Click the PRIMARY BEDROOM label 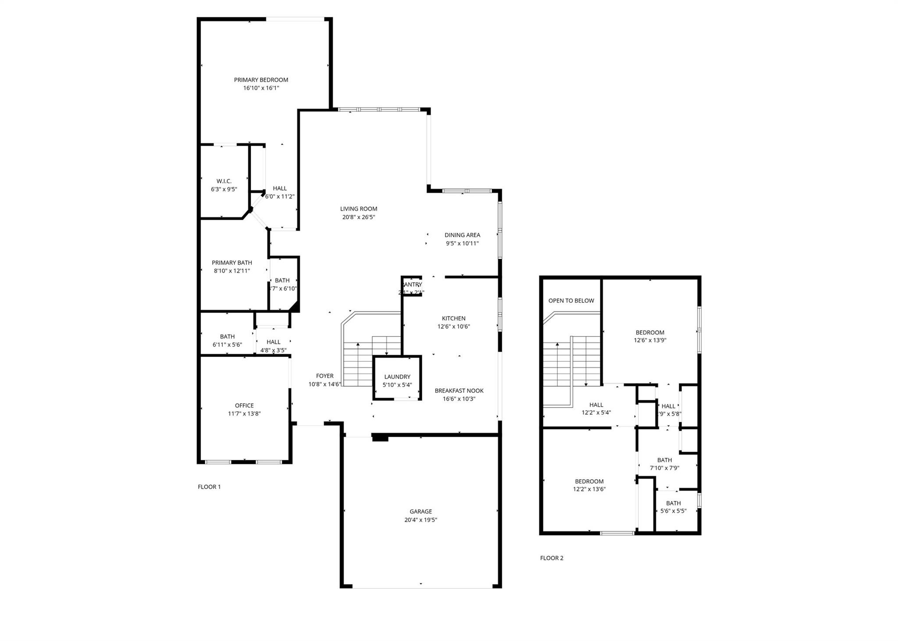[x=261, y=80]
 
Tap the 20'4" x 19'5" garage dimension [x=420, y=520]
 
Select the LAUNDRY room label [x=397, y=377]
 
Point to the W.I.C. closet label [x=224, y=181]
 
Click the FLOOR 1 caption [x=209, y=487]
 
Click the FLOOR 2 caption [x=552, y=558]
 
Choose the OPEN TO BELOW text [x=571, y=300]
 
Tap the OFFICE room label [x=244, y=406]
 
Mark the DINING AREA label [x=462, y=235]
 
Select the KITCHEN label [x=453, y=318]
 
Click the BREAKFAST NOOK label [x=459, y=391]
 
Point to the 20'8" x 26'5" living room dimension [x=359, y=217]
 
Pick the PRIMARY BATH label [x=232, y=263]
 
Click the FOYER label [x=324, y=376]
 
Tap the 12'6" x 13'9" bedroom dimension [x=650, y=340]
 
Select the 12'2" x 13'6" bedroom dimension [x=589, y=489]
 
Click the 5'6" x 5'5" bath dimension [x=673, y=511]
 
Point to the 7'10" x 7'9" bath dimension [x=664, y=468]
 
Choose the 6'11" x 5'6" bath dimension [x=227, y=345]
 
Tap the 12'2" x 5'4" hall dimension [x=596, y=413]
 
